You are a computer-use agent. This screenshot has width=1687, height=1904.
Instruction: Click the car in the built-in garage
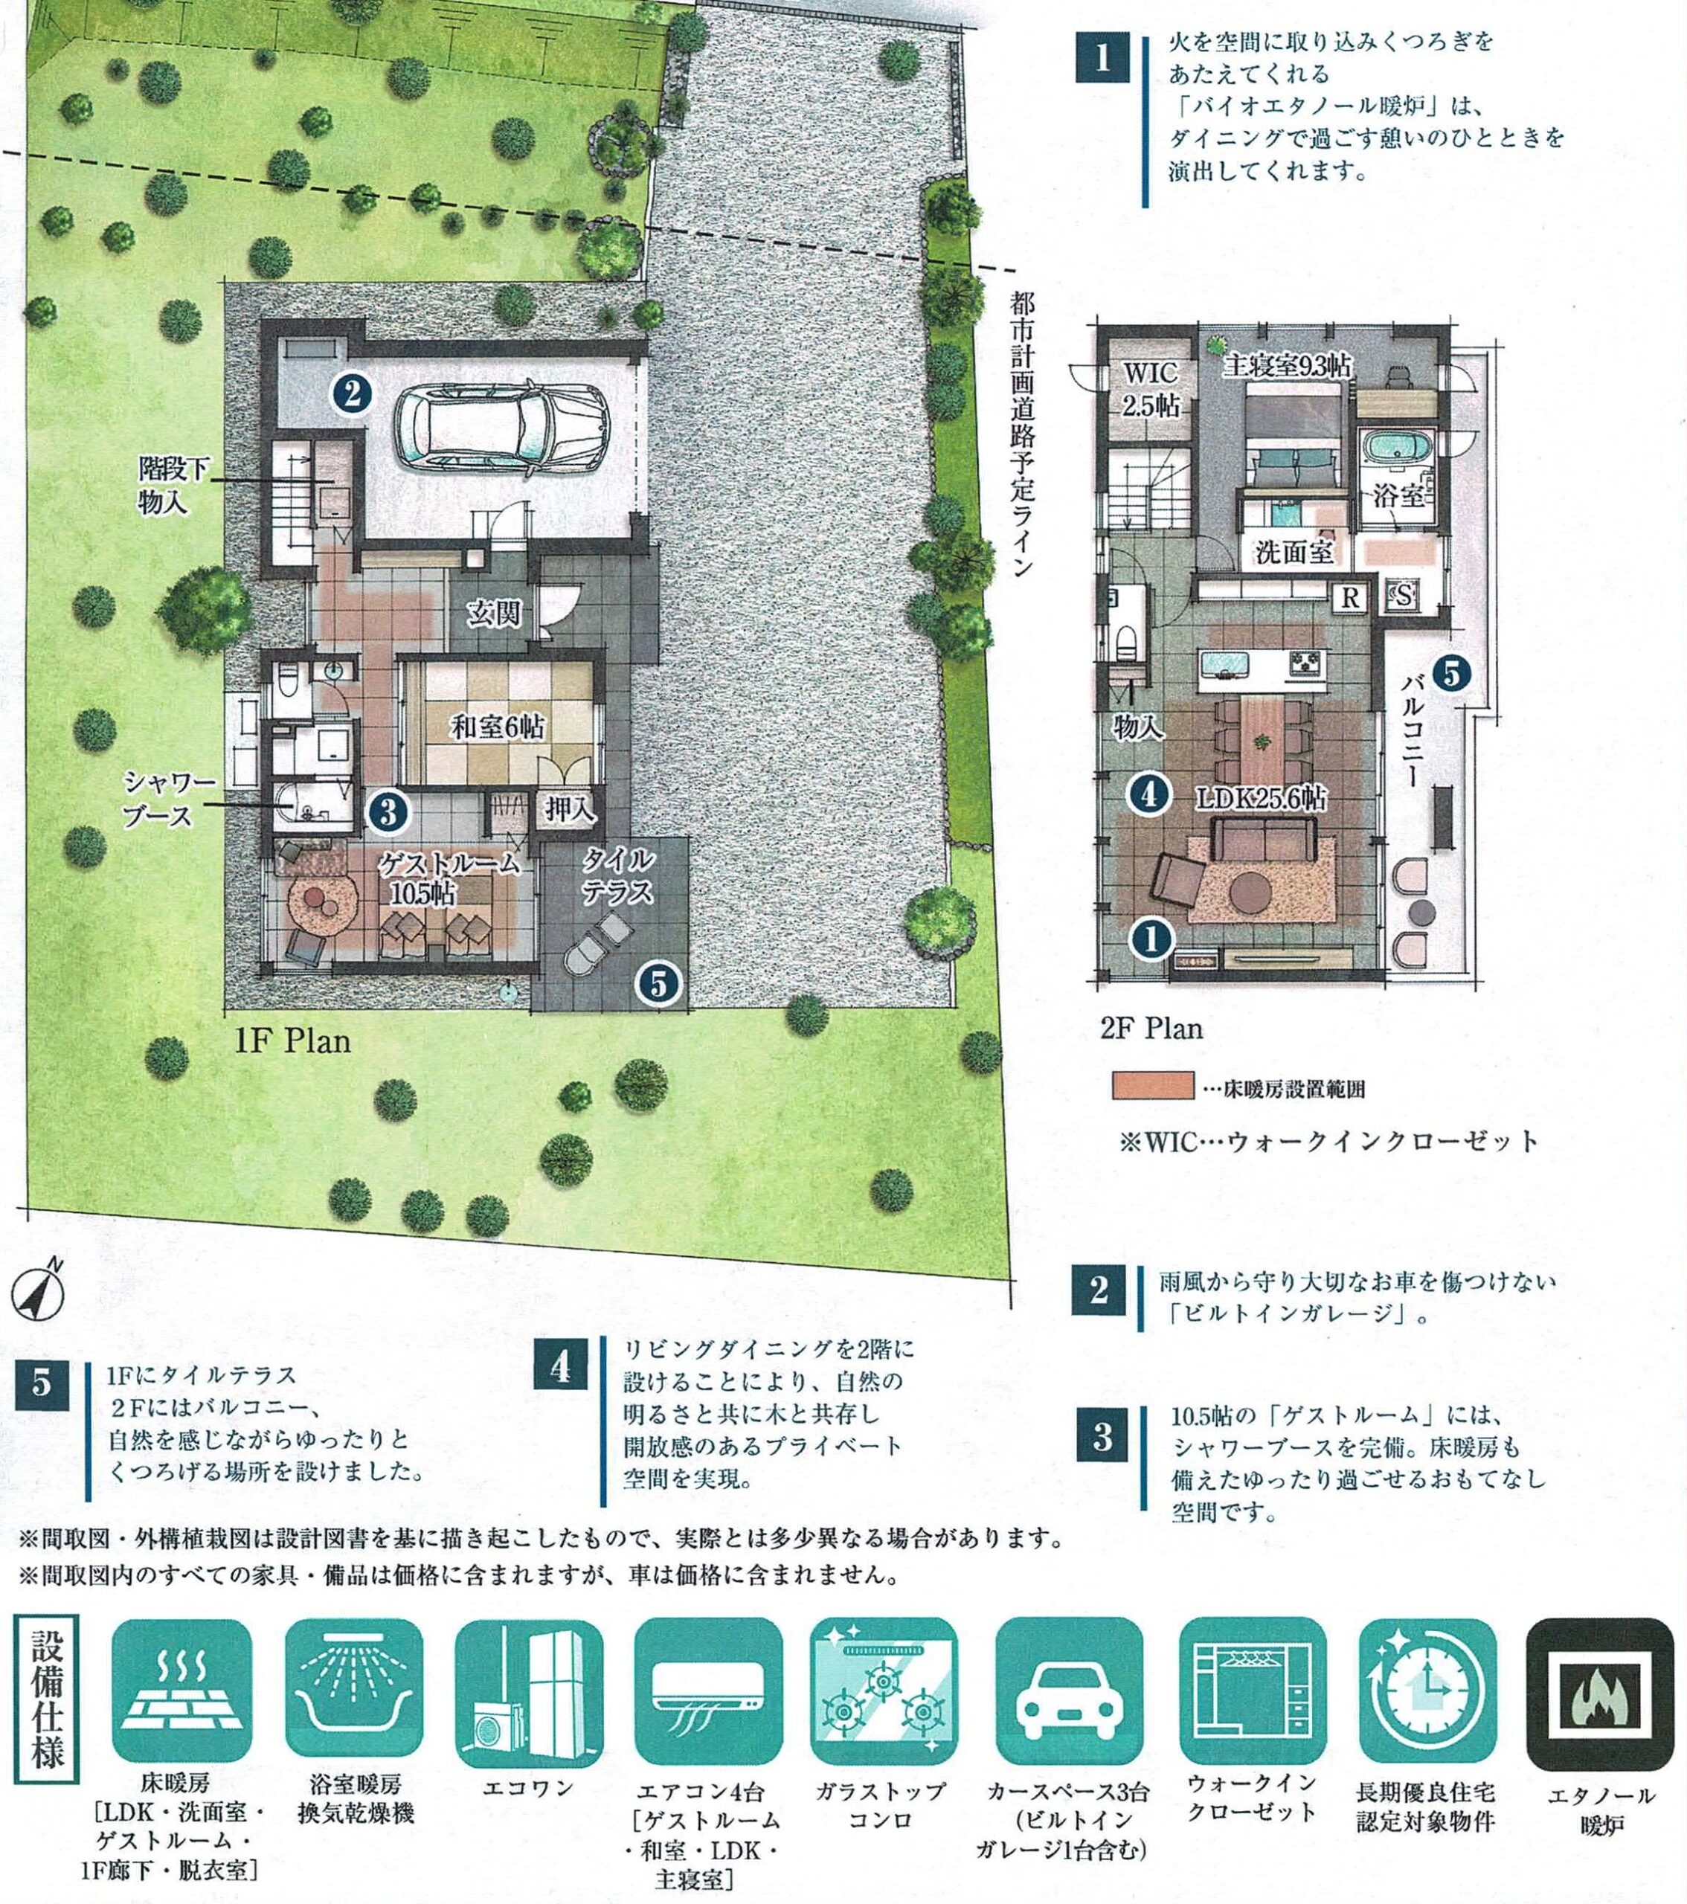[501, 425]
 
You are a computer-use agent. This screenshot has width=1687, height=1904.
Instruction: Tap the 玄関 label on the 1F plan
[494, 614]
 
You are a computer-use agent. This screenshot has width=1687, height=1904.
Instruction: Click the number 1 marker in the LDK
[1151, 939]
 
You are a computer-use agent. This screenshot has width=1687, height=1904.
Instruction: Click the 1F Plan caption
[292, 1041]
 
